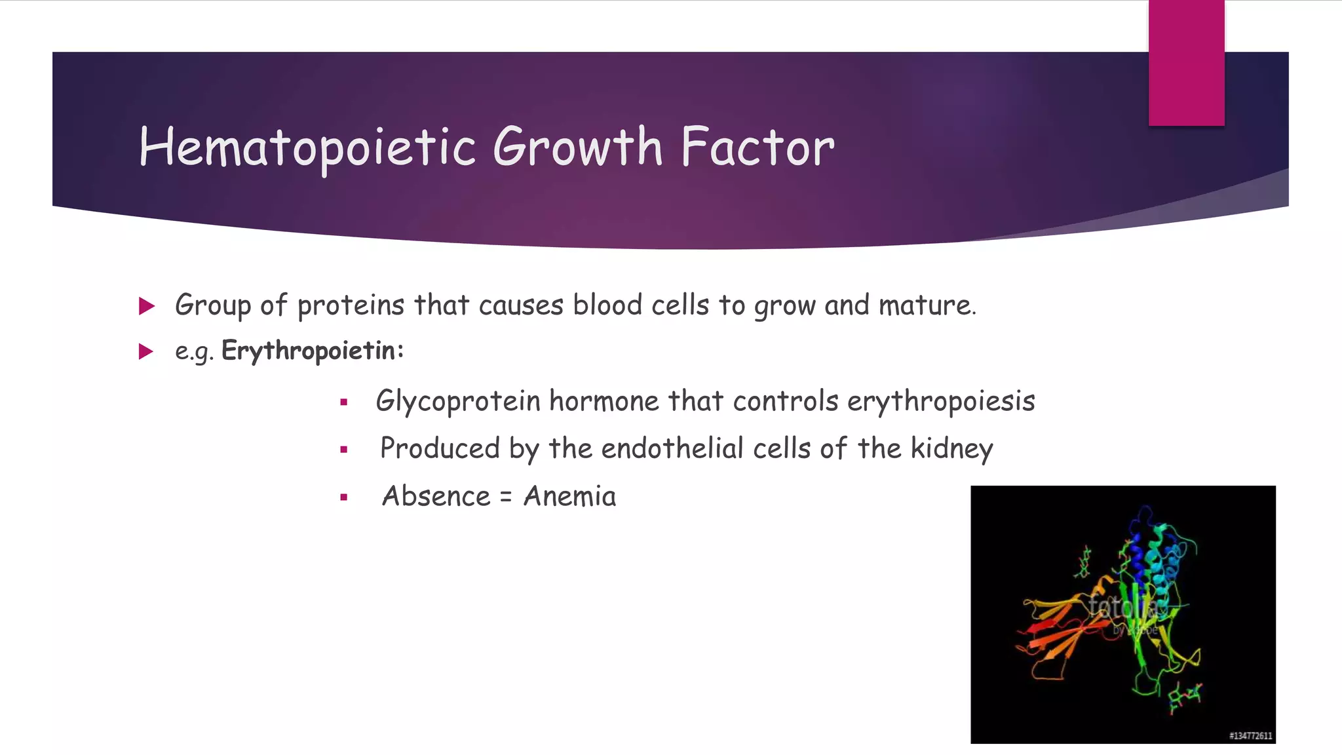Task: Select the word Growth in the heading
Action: [578, 147]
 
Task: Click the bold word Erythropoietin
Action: [312, 351]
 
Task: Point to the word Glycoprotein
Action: [458, 401]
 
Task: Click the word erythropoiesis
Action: [941, 401]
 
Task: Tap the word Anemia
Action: [569, 497]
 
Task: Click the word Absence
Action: [436, 497]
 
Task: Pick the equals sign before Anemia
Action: [505, 498]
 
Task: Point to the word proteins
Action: [351, 306]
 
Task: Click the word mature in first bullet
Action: [926, 306]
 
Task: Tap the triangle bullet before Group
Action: [147, 306]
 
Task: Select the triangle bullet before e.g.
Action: [146, 352]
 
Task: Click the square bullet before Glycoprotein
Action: [343, 402]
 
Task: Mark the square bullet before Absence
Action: [343, 497]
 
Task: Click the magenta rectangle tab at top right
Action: [1186, 62]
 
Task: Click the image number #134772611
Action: [1250, 736]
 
